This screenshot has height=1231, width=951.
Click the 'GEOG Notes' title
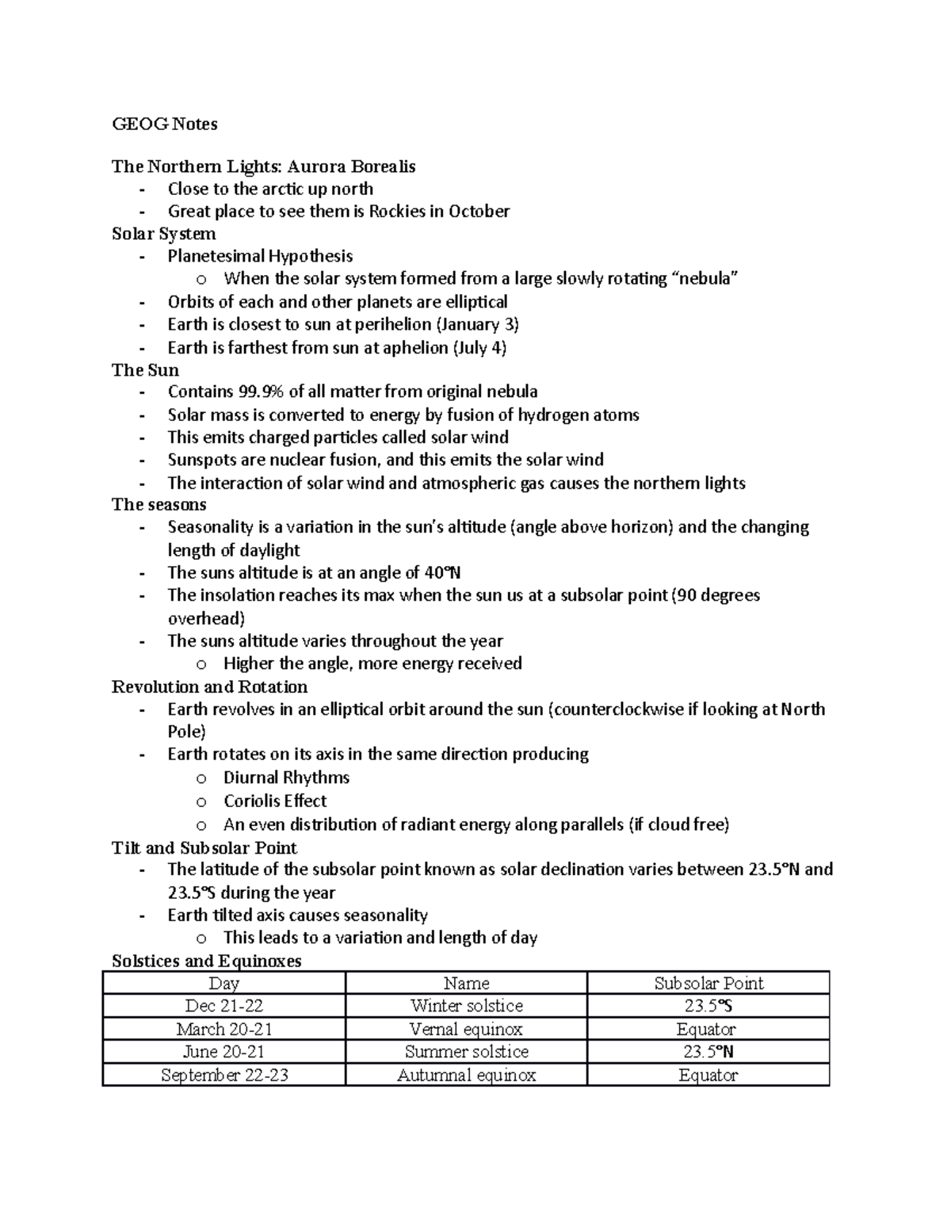coord(164,124)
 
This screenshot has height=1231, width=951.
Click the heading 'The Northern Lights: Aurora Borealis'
coord(263,166)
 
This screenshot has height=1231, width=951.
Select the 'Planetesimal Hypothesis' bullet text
coord(260,256)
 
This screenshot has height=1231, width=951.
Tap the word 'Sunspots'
coord(200,460)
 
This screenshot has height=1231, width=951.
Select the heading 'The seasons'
coord(158,505)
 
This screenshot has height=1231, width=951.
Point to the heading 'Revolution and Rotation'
coord(209,687)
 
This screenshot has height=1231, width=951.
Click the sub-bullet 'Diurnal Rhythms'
coord(286,778)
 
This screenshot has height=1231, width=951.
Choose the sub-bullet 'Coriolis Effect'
coord(275,801)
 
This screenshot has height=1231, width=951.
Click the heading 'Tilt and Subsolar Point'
coord(204,848)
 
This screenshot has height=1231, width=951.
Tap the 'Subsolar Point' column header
coord(708,984)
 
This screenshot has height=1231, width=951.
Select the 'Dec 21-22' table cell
coord(223,1006)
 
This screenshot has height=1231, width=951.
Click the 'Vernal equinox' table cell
coord(466,1030)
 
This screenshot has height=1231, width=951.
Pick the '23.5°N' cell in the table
coord(708,1052)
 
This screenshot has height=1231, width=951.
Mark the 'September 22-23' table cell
coord(223,1076)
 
